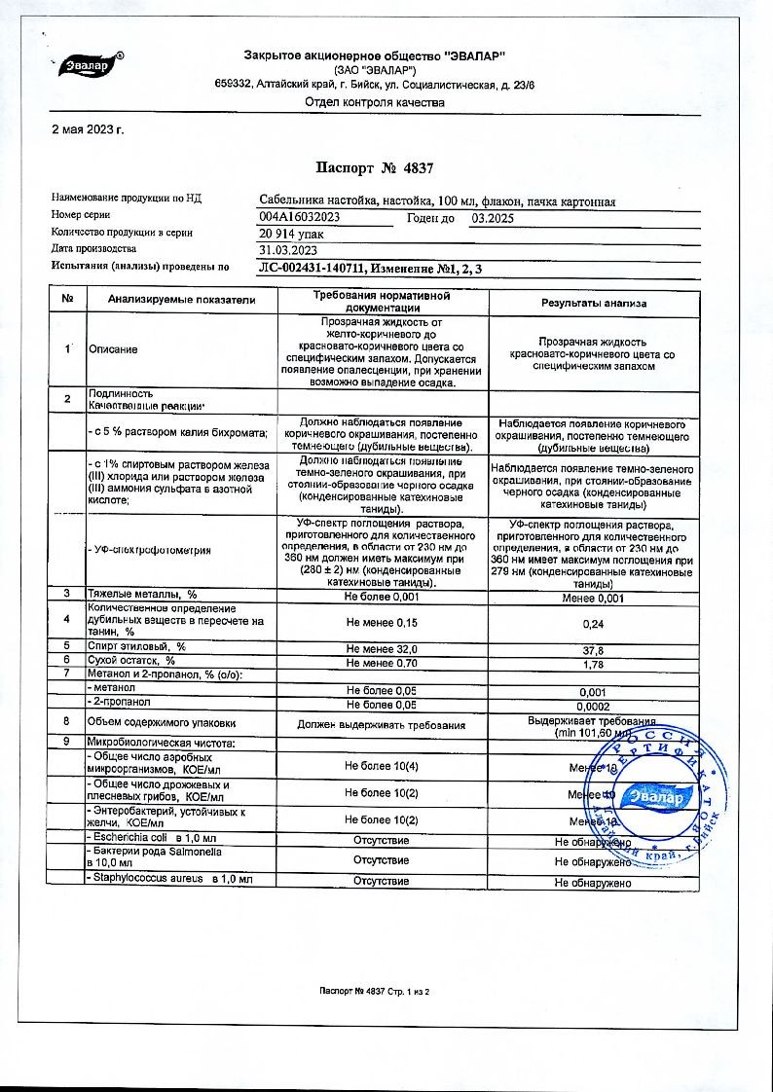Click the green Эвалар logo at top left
tap(86, 66)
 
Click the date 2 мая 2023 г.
tap(88, 129)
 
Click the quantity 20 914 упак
tap(285, 234)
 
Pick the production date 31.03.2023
tap(283, 249)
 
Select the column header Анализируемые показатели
tap(182, 301)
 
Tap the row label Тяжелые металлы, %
tap(143, 594)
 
